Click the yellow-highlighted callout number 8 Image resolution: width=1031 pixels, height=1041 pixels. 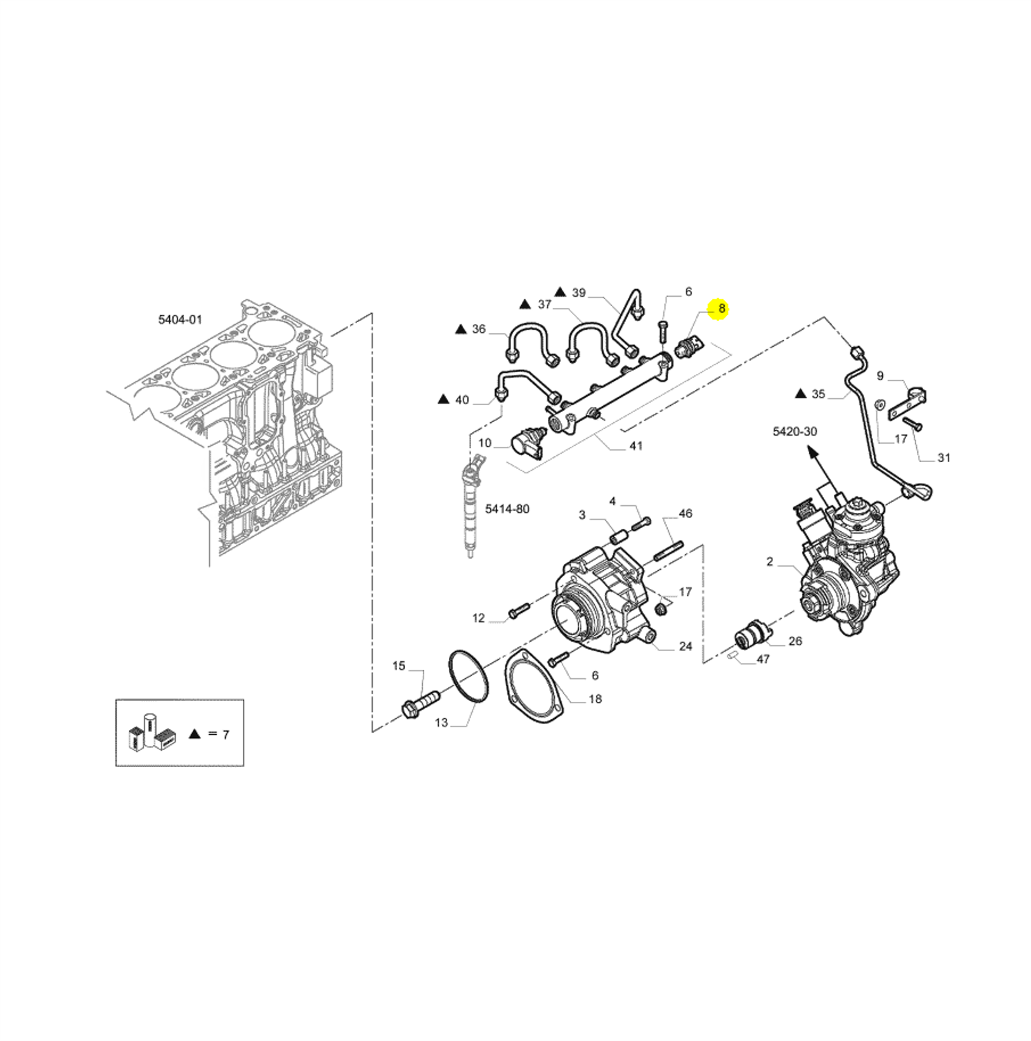pos(722,309)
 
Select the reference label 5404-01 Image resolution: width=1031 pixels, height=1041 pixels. pos(180,320)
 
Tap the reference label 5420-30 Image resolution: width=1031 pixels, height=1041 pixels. pos(794,432)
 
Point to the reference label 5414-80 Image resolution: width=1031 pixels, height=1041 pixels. pos(507,509)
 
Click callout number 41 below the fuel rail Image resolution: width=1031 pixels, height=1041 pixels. pos(635,446)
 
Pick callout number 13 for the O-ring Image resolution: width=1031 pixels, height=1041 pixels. pos(441,722)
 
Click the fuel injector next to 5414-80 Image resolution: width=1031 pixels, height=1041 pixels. pos(470,510)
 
